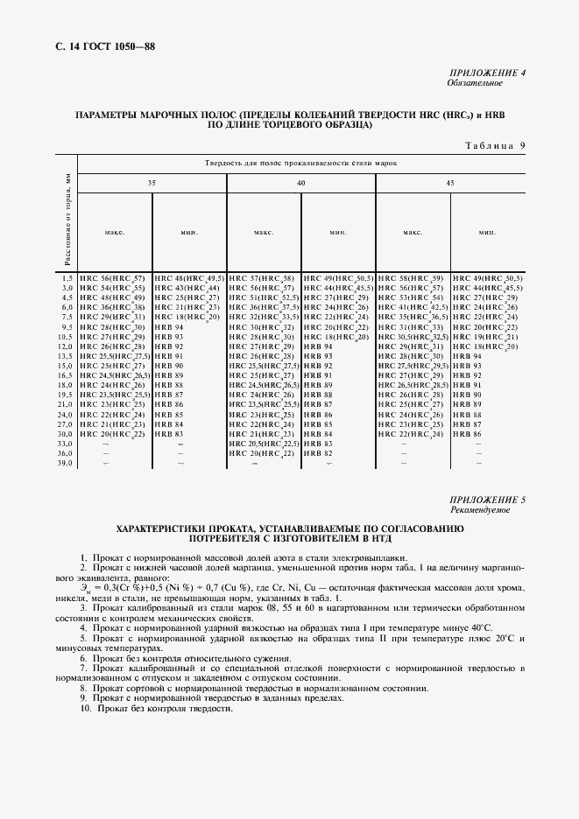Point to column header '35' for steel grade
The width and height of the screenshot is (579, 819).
pos(152,183)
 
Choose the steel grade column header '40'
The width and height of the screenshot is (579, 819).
pos(300,183)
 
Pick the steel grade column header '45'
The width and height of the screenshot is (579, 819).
pos(450,183)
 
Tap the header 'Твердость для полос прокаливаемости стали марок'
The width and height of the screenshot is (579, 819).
pos(300,164)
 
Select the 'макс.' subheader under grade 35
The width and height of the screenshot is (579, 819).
pos(115,233)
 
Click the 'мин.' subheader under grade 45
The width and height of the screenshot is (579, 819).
pos(487,233)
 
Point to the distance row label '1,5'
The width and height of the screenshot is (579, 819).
pos(66,277)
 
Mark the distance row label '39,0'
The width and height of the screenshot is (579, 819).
pos(65,464)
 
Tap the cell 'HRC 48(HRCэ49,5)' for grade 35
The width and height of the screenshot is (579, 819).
pos(188,277)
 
